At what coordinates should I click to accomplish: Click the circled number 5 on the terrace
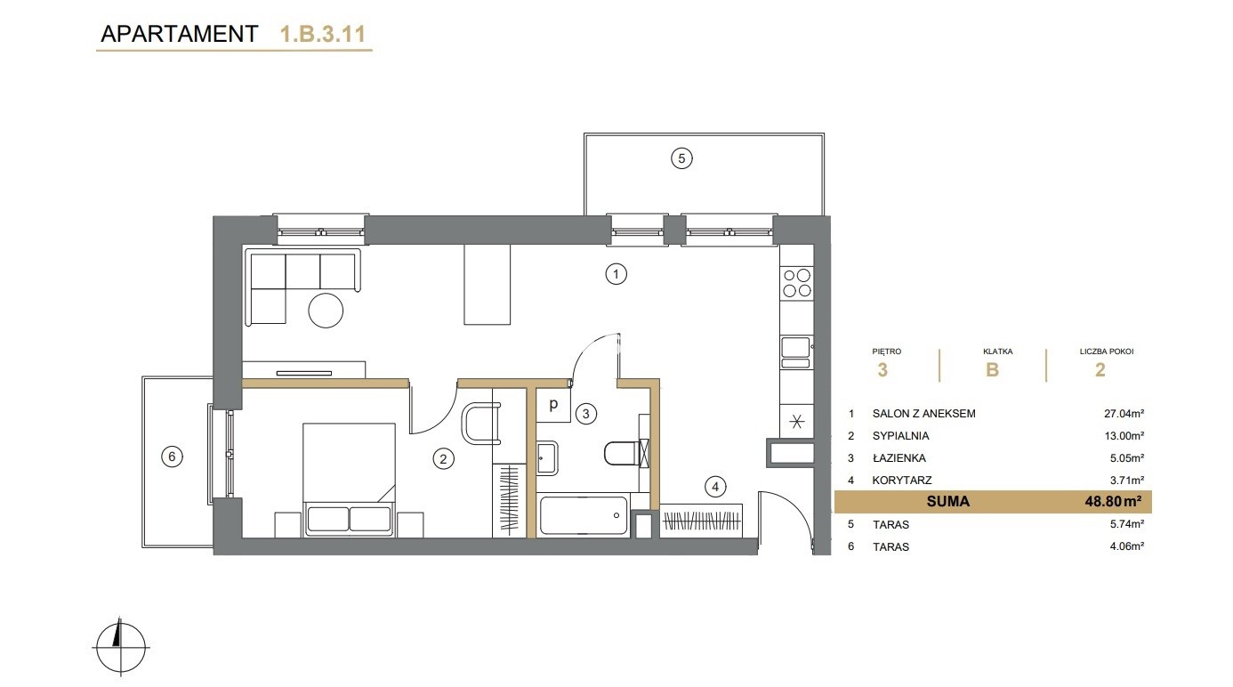click(x=681, y=158)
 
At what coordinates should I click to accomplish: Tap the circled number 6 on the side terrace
click(x=172, y=457)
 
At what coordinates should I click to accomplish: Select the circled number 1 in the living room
click(x=616, y=273)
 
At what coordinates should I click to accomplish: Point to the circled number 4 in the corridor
click(x=715, y=487)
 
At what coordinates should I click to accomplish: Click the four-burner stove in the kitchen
click(x=796, y=283)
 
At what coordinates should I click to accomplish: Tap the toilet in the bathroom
click(x=626, y=453)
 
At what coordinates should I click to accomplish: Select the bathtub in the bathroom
click(x=584, y=515)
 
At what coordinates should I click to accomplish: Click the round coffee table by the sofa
click(x=326, y=311)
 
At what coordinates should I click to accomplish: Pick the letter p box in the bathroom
click(x=553, y=405)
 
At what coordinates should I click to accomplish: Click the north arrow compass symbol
click(x=121, y=647)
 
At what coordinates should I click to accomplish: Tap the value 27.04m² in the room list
click(x=1124, y=413)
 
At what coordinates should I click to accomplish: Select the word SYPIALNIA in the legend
click(x=900, y=435)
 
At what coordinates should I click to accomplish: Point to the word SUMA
click(x=947, y=501)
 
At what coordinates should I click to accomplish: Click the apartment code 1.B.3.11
click(x=323, y=34)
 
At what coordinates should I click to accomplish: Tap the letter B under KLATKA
click(x=992, y=370)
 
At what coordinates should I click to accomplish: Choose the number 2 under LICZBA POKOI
click(x=1100, y=370)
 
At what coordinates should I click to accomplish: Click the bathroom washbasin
click(x=548, y=457)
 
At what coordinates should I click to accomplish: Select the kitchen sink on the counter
click(x=796, y=352)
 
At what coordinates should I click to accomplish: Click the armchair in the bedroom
click(x=481, y=423)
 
